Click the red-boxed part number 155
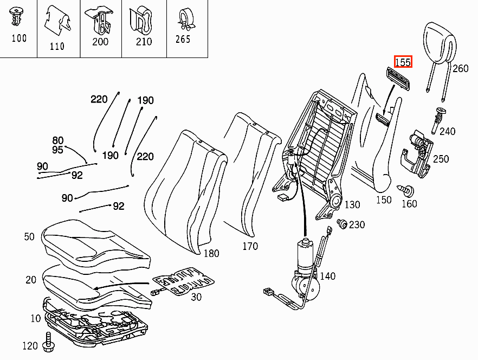[403, 62]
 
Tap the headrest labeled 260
[439, 46]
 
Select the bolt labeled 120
[48, 342]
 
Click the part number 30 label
[196, 297]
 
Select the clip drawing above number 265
[186, 19]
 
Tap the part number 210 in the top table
[144, 42]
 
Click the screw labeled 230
[342, 223]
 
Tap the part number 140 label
[328, 276]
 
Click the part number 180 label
[211, 253]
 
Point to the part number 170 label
[250, 246]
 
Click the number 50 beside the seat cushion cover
[29, 237]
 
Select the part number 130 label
[352, 204]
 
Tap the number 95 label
[57, 150]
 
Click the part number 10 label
[36, 318]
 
